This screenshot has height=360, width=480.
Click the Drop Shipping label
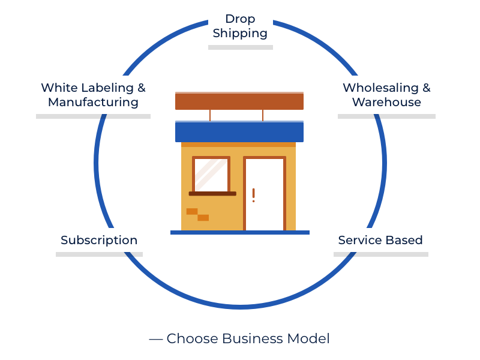(240, 26)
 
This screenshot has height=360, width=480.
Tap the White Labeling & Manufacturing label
(93, 95)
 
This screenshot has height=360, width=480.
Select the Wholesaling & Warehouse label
(386, 95)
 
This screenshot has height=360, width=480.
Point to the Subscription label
(99, 240)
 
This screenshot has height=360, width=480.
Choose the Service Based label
(380, 240)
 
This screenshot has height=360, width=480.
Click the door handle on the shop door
(253, 194)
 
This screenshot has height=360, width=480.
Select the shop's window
(211, 175)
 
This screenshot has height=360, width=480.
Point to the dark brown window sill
(212, 194)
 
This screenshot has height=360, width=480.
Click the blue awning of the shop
(239, 132)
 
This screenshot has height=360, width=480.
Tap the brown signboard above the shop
(239, 101)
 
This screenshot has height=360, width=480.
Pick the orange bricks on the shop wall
(197, 214)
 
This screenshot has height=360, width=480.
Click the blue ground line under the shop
(240, 232)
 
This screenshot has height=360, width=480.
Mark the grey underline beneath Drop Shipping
(241, 47)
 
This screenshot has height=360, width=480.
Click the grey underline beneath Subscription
(99, 254)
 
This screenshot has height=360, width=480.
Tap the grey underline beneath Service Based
(381, 254)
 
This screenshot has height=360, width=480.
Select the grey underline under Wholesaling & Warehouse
(386, 116)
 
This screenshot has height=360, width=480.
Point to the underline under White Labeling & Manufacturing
(93, 116)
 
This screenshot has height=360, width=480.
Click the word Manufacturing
(93, 102)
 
